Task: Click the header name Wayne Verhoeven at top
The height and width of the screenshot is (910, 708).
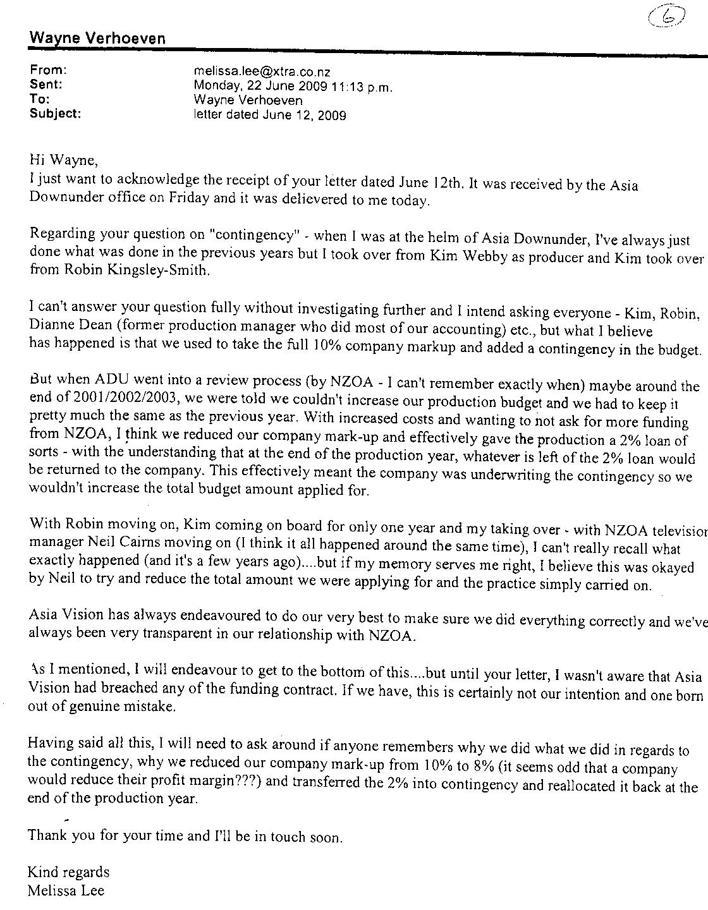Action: click(x=97, y=39)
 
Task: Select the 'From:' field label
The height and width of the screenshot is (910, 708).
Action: click(x=47, y=70)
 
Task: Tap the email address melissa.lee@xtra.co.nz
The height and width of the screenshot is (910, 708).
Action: click(x=262, y=72)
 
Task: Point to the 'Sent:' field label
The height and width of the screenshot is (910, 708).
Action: click(x=46, y=85)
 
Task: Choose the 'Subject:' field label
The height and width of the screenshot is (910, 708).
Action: click(x=55, y=114)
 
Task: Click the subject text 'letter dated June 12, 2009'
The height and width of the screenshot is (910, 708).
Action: click(x=270, y=115)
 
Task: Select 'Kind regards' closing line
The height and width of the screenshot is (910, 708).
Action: click(x=68, y=873)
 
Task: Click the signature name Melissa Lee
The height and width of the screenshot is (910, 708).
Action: click(x=66, y=891)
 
